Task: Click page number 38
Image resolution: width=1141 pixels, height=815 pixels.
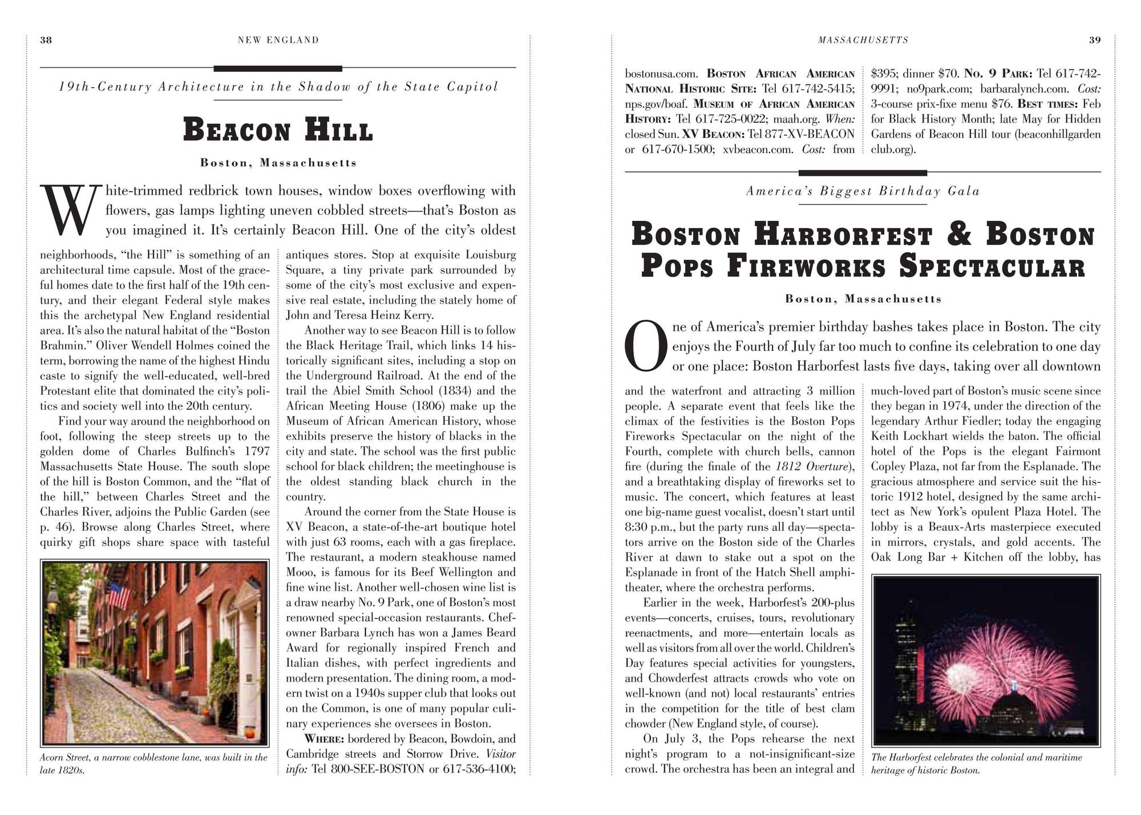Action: point(46,40)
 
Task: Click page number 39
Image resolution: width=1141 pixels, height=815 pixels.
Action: point(1095,40)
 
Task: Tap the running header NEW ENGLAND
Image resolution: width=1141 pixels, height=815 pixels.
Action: point(278,40)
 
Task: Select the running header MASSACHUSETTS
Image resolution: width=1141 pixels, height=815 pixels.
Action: point(863,40)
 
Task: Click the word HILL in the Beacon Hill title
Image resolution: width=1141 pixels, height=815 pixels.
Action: point(339,130)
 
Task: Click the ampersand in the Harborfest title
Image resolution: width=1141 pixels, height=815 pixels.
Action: point(959,235)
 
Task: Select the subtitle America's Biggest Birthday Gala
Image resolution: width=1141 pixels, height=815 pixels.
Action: point(863,191)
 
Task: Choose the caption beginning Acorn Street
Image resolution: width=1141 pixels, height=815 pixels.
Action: point(153,764)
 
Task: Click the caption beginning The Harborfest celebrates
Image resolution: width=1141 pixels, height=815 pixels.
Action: point(976,764)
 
